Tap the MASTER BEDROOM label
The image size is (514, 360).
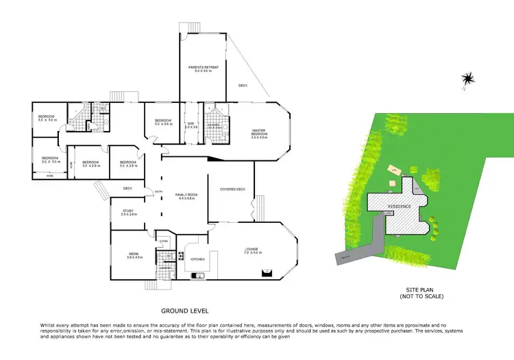[258, 132]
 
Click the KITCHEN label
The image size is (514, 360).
[198, 259]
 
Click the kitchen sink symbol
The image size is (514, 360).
[198, 276]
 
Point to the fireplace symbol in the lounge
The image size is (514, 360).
[264, 273]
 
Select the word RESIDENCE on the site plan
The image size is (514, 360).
[399, 206]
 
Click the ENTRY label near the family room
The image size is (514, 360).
[158, 192]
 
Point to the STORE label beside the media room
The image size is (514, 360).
[164, 241]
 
